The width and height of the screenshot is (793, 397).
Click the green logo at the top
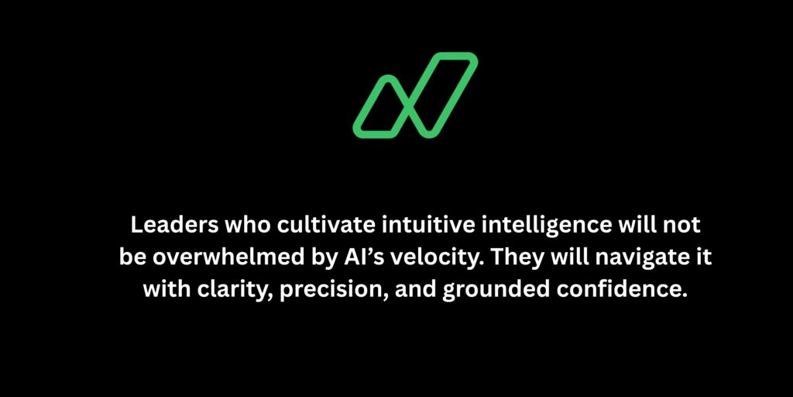click(x=415, y=95)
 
